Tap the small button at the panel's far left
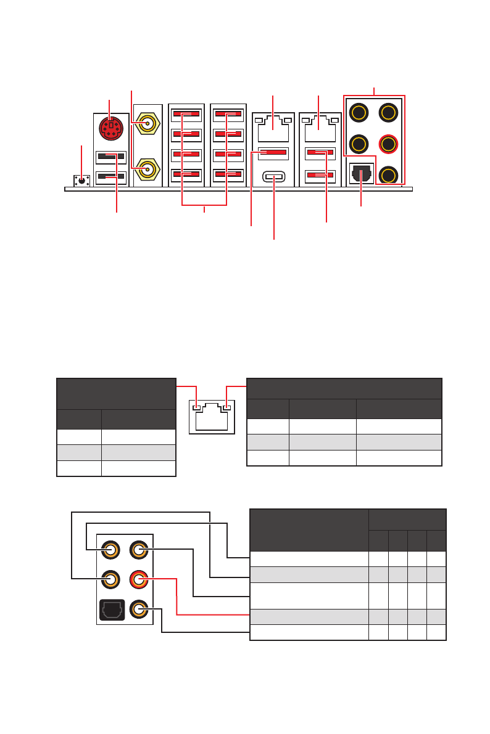(82, 180)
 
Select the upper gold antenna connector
(147, 123)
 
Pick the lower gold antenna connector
(147, 168)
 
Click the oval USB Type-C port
(274, 177)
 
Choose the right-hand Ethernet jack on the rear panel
(319, 129)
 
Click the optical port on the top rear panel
(361, 174)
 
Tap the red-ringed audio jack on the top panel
(388, 144)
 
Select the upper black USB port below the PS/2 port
(112, 157)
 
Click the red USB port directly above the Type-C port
(273, 152)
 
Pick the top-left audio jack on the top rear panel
(359, 113)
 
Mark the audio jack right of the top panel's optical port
(388, 175)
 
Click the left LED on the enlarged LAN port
(197, 407)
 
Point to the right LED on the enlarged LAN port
(226, 407)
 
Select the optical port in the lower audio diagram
(111, 610)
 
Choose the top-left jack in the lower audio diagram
(111, 549)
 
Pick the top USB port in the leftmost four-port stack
(186, 114)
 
